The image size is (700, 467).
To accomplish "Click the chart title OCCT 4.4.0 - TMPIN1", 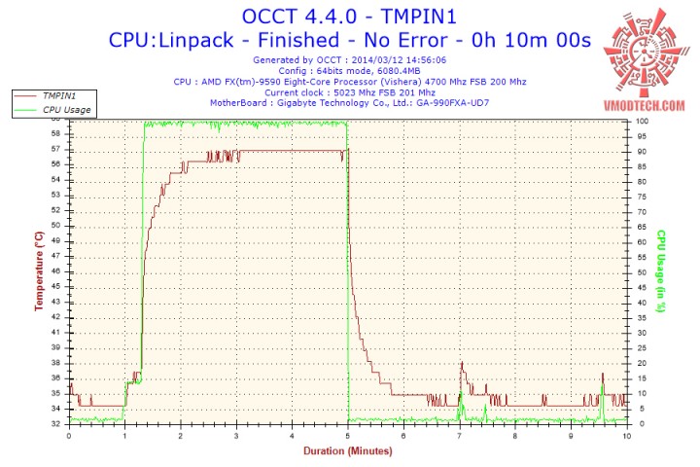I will click(349, 16).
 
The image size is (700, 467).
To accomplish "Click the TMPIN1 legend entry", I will click(59, 96).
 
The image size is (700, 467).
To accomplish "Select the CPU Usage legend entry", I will click(65, 110).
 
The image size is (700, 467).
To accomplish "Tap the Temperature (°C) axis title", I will click(38, 271).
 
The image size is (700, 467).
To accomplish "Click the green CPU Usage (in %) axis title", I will click(660, 271).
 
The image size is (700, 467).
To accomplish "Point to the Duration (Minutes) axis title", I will click(348, 450).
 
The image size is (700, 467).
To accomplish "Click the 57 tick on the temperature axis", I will click(55, 149).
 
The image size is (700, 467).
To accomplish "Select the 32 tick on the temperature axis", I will click(55, 423).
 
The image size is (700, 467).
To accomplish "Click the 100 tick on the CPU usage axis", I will click(643, 121).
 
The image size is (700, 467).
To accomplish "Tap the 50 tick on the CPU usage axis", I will click(641, 271).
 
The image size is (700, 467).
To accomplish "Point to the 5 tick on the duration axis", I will click(348, 434).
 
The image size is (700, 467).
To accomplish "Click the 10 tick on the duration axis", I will click(627, 434).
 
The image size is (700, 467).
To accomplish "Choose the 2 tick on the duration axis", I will click(181, 434).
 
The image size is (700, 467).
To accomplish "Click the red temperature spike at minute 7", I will click(462, 365).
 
